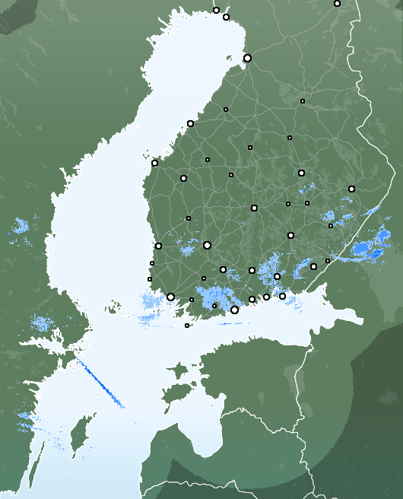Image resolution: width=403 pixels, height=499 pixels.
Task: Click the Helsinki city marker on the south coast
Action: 234,310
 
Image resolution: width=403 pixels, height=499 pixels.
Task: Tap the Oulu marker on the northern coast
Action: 247,58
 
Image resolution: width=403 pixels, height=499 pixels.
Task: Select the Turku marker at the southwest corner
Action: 170,297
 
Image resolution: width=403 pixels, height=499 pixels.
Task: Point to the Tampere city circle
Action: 207,245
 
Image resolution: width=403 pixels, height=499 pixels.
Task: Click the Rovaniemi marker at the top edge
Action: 337,3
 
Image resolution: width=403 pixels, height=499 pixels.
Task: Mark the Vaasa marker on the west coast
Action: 154,163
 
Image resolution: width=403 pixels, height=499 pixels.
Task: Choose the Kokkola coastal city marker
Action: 190,123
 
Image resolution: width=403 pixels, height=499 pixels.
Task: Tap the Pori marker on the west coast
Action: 158,246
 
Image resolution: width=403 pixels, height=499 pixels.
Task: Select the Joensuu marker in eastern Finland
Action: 351,189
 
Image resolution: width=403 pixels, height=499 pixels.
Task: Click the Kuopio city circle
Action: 301,173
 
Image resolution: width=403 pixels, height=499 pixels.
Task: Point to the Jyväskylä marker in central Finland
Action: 254,208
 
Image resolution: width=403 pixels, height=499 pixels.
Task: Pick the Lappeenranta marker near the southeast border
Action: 313,266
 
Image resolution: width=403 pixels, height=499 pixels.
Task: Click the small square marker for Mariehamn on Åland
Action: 187,326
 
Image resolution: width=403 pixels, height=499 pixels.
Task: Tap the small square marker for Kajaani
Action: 302,100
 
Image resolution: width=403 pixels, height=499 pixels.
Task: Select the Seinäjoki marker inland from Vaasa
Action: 183,178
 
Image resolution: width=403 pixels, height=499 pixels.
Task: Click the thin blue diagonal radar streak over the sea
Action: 100,383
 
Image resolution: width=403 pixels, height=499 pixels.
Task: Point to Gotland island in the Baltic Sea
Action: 77,440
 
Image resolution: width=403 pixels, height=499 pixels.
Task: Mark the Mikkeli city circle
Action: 290,235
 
